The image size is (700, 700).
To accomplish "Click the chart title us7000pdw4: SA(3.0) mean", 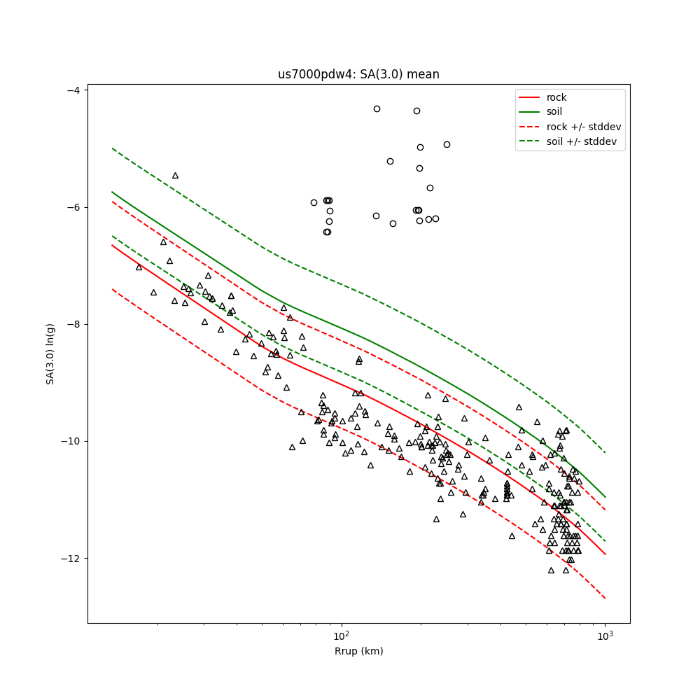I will coord(358,74).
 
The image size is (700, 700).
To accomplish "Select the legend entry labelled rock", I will coord(556,97).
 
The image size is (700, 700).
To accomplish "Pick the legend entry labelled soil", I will coord(554,111).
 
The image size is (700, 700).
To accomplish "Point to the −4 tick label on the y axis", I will coord(72,90).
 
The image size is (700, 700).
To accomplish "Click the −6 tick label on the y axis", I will coord(72,207).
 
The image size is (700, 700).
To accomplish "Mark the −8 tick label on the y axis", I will coord(72,325).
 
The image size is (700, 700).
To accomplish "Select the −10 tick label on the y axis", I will coord(69,442).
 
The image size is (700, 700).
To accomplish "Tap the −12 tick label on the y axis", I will coord(69,559).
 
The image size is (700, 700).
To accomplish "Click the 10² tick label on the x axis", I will coord(342,636).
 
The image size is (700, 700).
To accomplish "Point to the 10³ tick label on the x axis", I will coord(605,636).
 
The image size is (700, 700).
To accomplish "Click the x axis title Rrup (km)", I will coord(358,652).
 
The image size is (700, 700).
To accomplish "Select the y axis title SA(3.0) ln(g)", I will coord(50,353).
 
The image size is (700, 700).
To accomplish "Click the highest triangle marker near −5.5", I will coord(175,176).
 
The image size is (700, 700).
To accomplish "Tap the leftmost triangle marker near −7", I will coord(139,267).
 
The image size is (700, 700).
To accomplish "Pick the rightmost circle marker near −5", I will coord(447,144).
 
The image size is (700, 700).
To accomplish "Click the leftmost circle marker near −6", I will coord(314,202).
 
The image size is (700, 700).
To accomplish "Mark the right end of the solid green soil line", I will coord(605,497).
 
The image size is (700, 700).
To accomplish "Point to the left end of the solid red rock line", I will coord(112,245).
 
